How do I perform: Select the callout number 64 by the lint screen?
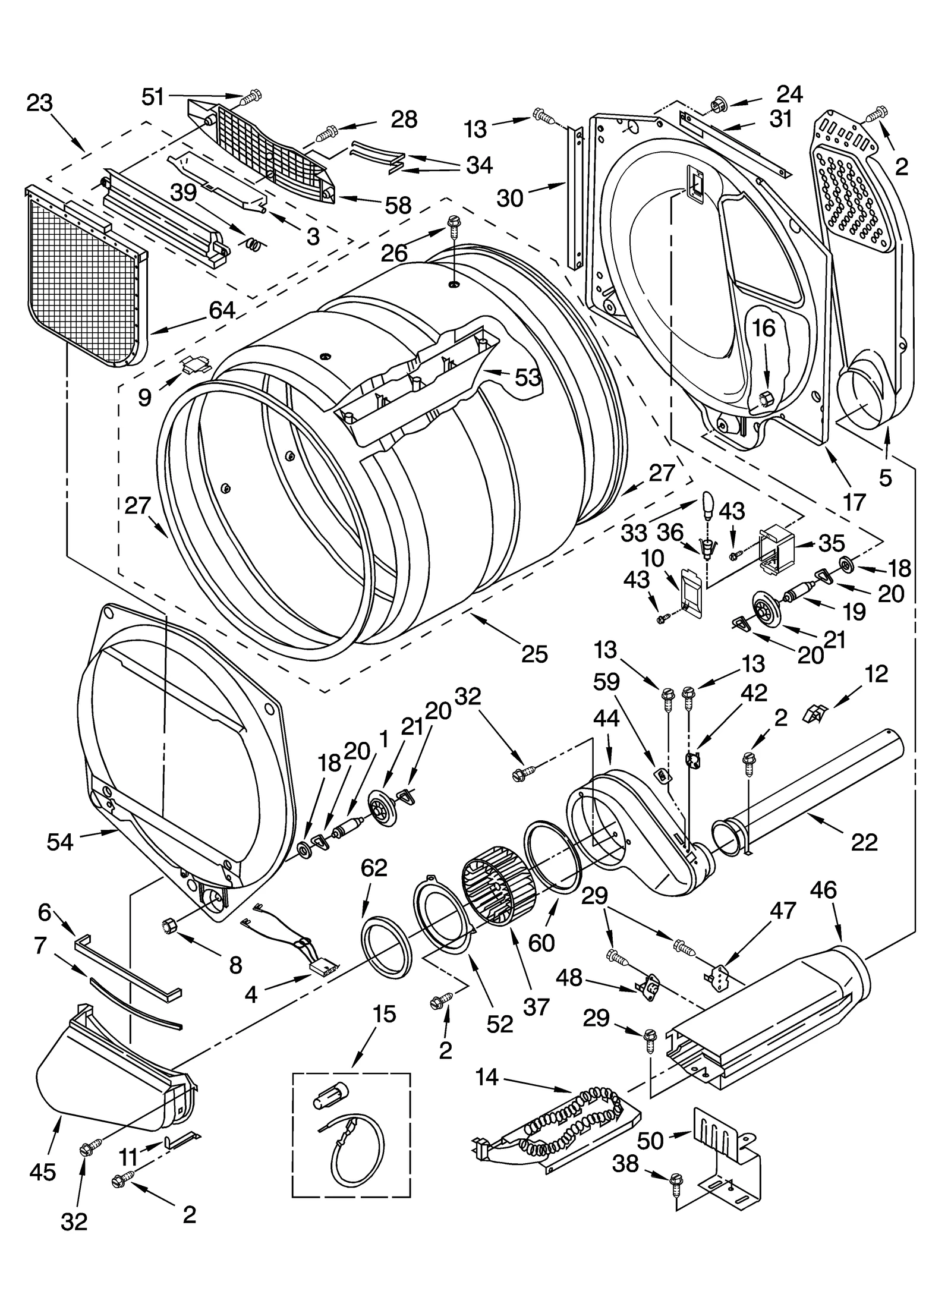(x=222, y=310)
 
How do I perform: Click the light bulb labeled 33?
(x=708, y=505)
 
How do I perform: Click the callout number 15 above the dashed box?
(x=385, y=1015)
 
